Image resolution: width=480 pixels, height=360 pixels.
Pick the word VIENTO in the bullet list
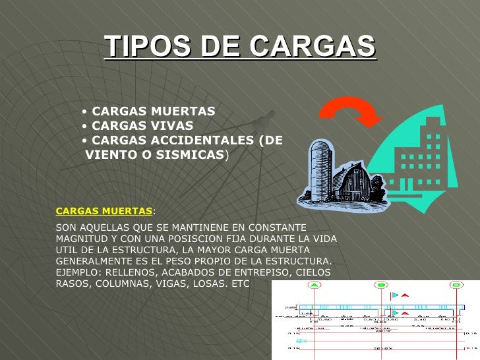tap(111, 155)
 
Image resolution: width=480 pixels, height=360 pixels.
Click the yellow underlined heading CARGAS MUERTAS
tap(104, 211)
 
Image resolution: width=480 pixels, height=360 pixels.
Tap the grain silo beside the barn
tap(320, 169)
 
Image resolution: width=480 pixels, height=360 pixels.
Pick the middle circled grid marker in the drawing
tap(380, 285)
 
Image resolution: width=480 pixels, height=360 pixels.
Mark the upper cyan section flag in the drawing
tap(394, 295)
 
